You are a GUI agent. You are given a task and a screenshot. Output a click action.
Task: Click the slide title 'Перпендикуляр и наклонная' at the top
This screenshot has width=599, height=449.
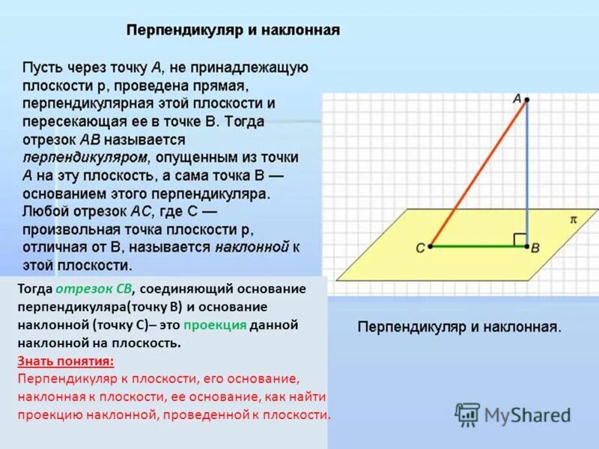233,31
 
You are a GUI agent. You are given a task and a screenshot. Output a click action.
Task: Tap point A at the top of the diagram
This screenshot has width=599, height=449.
526,100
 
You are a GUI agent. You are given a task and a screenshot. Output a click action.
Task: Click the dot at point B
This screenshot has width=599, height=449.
526,245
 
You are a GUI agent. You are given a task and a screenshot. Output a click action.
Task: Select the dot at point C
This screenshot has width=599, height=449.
431,245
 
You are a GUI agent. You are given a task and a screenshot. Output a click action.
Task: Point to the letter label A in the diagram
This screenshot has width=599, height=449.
516,98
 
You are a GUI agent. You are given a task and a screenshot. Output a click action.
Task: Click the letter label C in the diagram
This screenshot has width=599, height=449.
420,248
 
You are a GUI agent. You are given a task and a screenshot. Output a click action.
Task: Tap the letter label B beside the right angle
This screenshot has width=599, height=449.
536,248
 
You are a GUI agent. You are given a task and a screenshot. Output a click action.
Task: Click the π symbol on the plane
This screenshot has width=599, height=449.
574,220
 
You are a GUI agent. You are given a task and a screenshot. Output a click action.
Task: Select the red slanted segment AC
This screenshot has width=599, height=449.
479,171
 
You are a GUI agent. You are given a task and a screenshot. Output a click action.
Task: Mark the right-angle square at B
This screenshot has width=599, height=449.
519,239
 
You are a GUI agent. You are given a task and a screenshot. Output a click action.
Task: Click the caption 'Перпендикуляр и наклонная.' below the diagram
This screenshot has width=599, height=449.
459,327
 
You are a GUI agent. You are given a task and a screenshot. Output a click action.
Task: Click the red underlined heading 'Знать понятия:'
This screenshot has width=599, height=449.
66,361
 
